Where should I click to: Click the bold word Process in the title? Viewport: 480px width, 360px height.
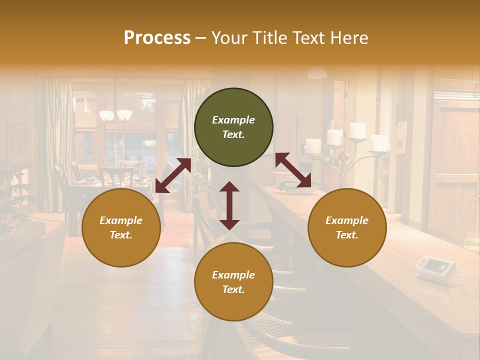tap(157, 38)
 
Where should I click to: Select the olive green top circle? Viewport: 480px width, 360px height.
tap(233, 127)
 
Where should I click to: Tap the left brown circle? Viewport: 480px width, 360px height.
tap(121, 227)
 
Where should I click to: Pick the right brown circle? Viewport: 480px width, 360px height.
tap(347, 227)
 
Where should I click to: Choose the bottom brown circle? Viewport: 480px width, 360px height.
tap(233, 282)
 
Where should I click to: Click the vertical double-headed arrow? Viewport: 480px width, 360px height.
tap(229, 205)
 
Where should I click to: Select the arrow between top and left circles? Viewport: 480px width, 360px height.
tap(173, 175)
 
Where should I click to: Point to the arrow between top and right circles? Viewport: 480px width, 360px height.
tap(293, 170)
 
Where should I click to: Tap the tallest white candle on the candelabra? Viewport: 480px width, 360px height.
tap(357, 130)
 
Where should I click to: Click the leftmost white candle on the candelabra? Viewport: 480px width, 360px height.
tap(313, 146)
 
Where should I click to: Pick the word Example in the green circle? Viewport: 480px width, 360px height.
tap(233, 120)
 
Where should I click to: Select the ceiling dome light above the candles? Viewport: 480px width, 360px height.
tap(317, 73)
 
